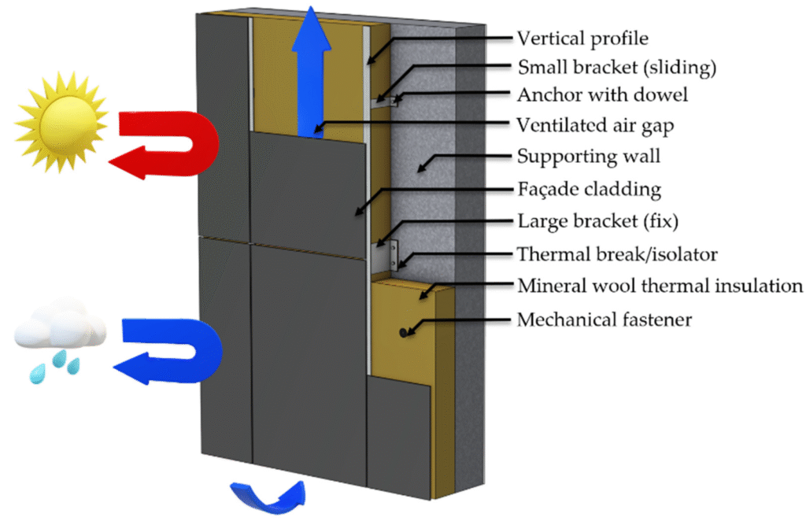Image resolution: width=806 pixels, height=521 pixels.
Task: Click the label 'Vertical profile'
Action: tap(582, 39)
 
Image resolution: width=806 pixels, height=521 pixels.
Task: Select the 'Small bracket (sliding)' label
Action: tap(617, 68)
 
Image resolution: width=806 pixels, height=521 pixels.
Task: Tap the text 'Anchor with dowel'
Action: tap(602, 95)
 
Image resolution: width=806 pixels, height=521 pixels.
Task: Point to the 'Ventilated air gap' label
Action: tap(595, 126)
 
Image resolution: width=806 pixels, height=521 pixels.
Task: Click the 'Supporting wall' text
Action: tap(589, 157)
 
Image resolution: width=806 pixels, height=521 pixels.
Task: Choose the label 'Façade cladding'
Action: tap(589, 189)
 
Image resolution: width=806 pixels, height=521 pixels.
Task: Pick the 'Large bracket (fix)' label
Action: tap(598, 221)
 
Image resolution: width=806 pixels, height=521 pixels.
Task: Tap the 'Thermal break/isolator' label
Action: tap(617, 254)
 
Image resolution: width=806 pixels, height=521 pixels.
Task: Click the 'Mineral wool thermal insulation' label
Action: tap(660, 286)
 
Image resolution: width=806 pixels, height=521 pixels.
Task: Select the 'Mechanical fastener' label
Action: tap(604, 320)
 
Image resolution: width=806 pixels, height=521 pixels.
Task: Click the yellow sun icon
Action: tap(61, 122)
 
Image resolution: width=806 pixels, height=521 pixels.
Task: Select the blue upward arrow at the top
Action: tap(311, 72)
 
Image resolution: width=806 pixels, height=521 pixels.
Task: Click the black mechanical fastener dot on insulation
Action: tap(404, 333)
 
